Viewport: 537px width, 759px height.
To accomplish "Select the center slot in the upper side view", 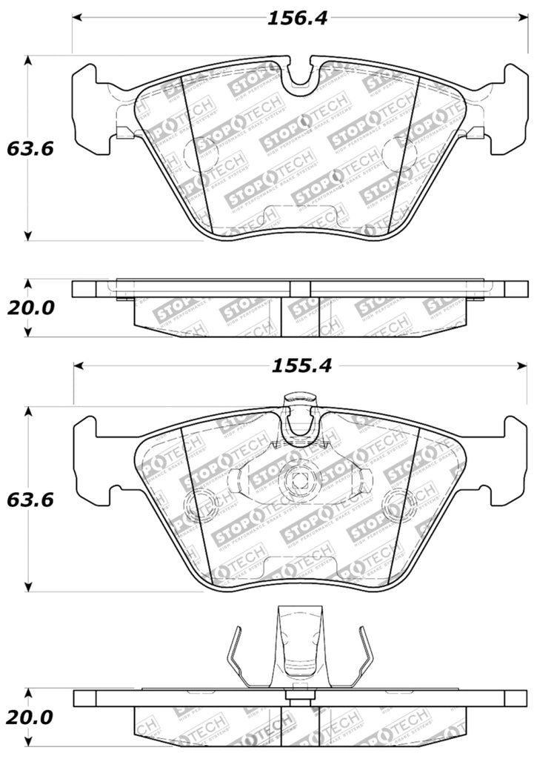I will (299, 288).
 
